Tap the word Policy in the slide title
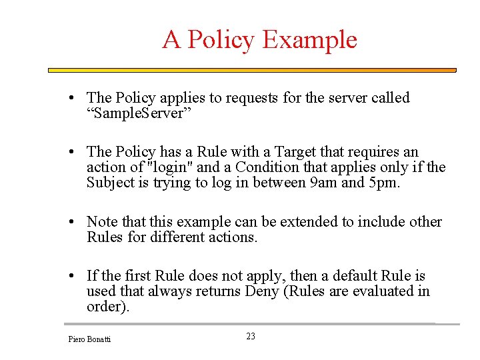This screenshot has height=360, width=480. (220, 40)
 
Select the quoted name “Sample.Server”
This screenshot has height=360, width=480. (139, 113)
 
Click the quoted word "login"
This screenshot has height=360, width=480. (169, 167)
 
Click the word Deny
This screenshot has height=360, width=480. (262, 291)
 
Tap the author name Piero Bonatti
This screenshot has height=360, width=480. (90, 339)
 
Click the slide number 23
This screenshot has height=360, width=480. (251, 337)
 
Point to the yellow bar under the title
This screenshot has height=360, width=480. (252, 70)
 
